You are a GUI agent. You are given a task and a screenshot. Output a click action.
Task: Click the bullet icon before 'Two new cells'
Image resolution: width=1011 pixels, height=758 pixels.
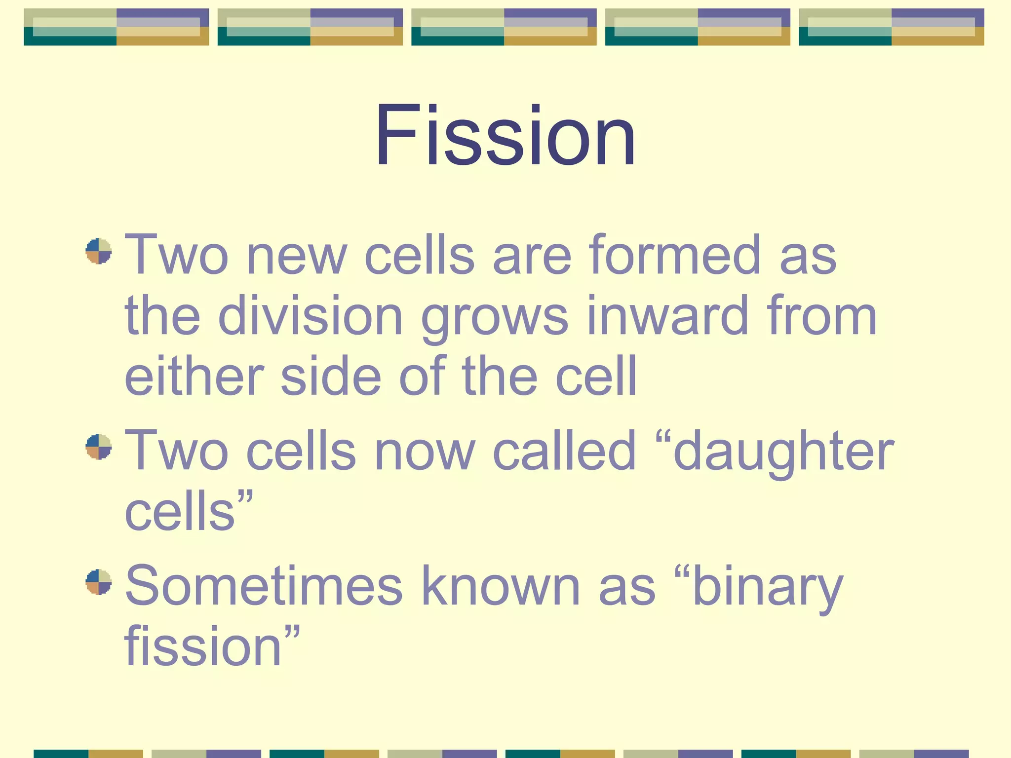point(98,251)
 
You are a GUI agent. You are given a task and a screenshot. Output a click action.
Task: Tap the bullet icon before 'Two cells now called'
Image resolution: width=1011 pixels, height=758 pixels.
point(98,447)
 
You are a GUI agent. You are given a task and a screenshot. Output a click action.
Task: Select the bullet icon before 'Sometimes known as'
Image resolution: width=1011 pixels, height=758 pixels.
point(98,582)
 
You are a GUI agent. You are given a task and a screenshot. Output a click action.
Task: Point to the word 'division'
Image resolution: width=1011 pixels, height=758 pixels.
point(311,316)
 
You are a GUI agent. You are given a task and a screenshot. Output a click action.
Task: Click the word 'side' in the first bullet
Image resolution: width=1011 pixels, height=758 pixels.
point(331,377)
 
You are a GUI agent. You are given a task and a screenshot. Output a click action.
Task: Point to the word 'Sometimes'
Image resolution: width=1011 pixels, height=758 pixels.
point(264,586)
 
